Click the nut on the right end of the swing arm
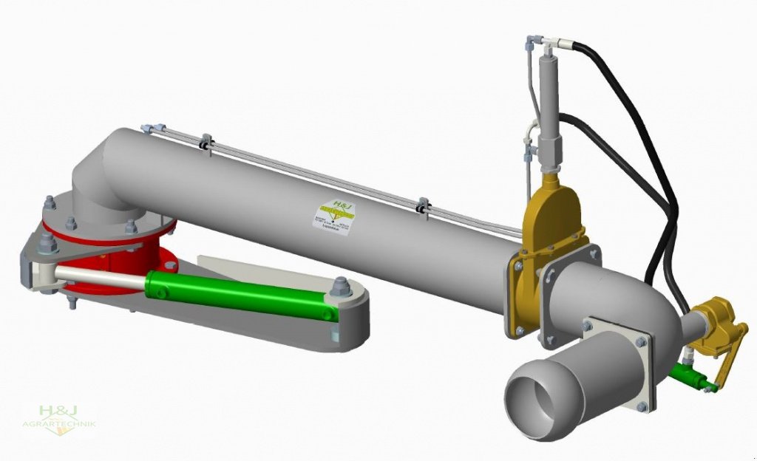(x=342, y=285)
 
